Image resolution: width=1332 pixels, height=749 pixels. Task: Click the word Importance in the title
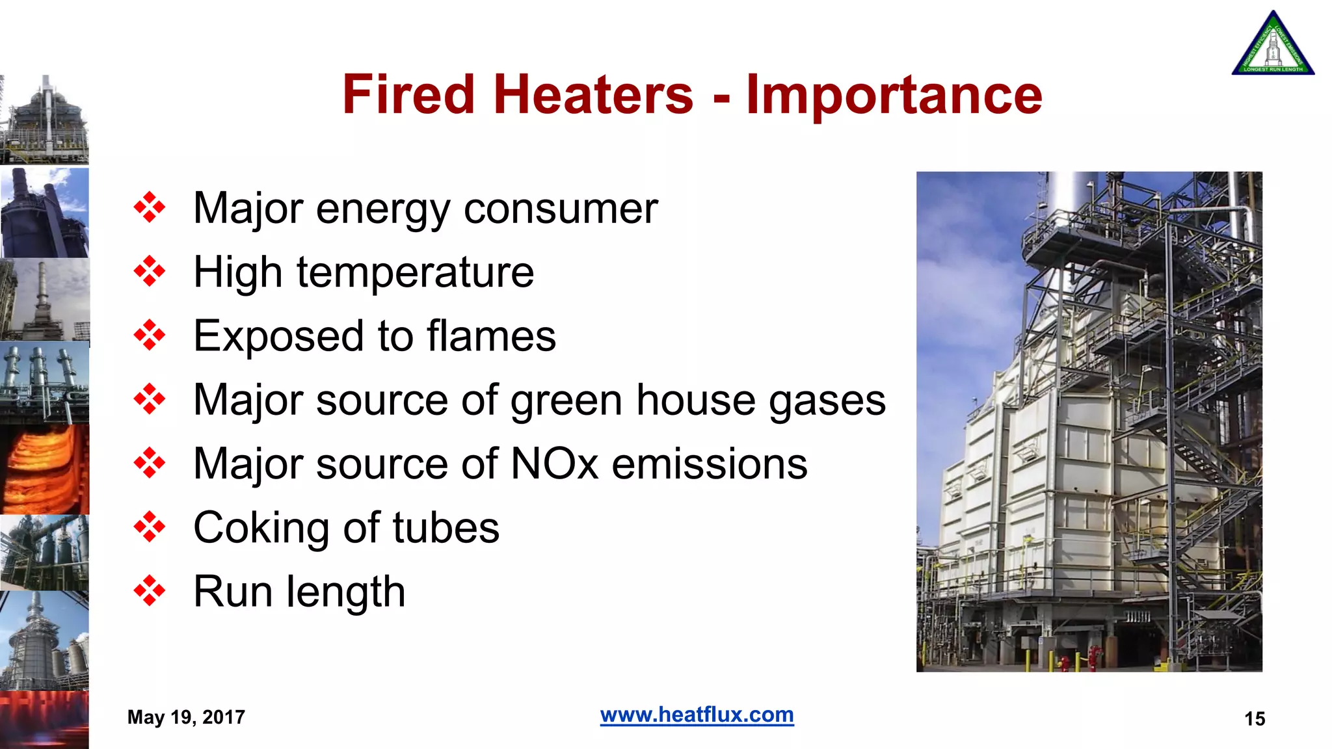coord(894,95)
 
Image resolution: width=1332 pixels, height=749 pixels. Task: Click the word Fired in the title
coord(408,95)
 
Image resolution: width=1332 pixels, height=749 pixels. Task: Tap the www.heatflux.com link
coord(697,715)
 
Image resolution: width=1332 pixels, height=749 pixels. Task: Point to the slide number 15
coord(1254,718)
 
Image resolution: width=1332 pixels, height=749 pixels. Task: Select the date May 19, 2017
coord(186,717)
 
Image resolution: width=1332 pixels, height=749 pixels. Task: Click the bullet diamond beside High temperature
coord(150,272)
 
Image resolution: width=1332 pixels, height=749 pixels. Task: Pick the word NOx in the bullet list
coord(554,464)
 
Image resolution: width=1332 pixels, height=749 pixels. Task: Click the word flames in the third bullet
coord(491,336)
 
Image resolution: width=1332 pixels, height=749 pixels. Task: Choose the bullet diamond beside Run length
coord(150,591)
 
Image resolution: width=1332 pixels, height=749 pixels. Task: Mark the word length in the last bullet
coord(345,592)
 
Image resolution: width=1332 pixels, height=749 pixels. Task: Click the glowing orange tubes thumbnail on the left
coord(44,469)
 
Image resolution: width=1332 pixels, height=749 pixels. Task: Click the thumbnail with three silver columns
coord(44,382)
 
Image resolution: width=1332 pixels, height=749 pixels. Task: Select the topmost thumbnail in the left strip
coord(44,120)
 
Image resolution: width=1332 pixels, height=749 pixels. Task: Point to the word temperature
coord(415,272)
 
